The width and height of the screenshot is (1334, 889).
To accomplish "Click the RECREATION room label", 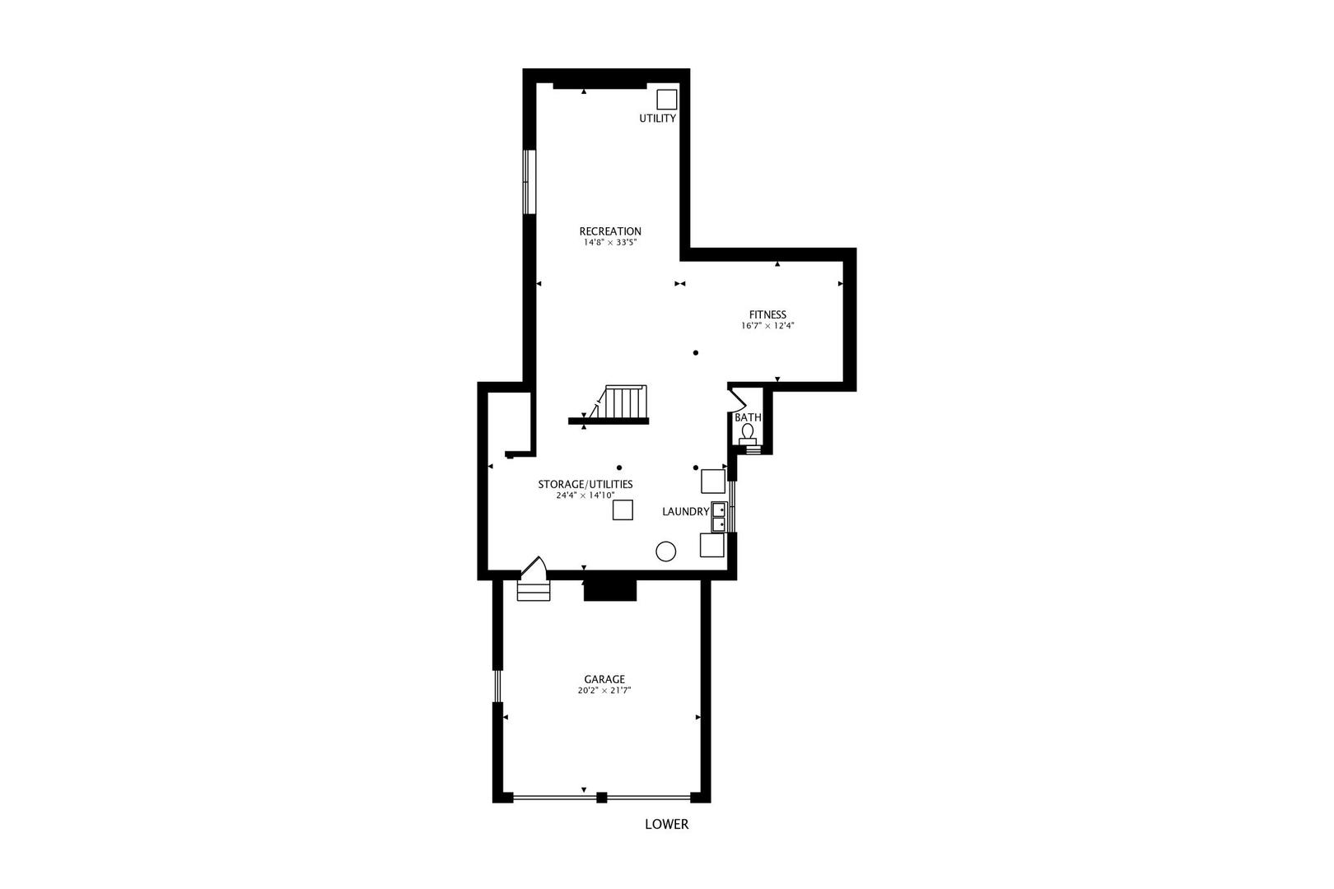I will click(x=610, y=231).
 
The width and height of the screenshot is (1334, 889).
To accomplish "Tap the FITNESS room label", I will click(x=767, y=314).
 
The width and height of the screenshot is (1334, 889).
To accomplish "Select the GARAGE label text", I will click(x=604, y=679).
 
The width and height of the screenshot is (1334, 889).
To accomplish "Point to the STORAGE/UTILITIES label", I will click(x=585, y=484).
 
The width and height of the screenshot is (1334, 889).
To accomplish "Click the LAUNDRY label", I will click(x=685, y=512).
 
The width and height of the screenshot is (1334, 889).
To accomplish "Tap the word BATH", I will click(x=748, y=418).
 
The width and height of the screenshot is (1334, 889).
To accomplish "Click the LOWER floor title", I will click(x=666, y=824).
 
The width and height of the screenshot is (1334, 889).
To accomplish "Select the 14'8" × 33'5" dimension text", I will click(x=610, y=243).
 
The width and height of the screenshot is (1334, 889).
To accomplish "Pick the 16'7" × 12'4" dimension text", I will click(x=767, y=326).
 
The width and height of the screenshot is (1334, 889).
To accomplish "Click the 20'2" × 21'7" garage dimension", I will click(x=604, y=691).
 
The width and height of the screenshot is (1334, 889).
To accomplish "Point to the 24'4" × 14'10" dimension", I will click(x=585, y=496).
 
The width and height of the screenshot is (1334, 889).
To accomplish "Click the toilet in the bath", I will click(x=748, y=432).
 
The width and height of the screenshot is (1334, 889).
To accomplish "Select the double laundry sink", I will click(x=719, y=516).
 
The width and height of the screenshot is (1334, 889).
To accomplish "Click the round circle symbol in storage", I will click(x=665, y=552).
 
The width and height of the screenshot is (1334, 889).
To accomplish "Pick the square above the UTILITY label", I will click(x=667, y=100).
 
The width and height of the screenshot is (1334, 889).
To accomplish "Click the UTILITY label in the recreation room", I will click(x=658, y=119).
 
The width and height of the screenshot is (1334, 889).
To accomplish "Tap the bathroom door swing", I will click(x=737, y=398).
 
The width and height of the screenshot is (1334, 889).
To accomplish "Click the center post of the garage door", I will click(x=602, y=797).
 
